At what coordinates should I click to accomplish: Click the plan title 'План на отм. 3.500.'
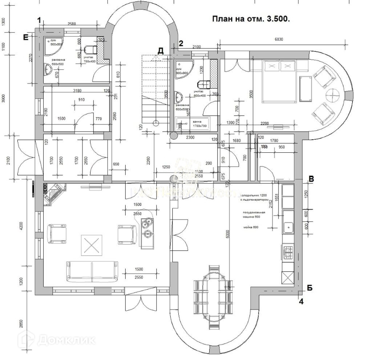coord(251,19)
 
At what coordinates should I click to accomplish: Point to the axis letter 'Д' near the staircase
coord(160,51)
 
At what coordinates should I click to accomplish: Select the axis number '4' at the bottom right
coord(302,302)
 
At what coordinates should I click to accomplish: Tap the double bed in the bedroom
coord(278,82)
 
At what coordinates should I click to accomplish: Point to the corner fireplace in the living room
coord(54,194)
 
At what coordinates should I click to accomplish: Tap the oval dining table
coord(213,297)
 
